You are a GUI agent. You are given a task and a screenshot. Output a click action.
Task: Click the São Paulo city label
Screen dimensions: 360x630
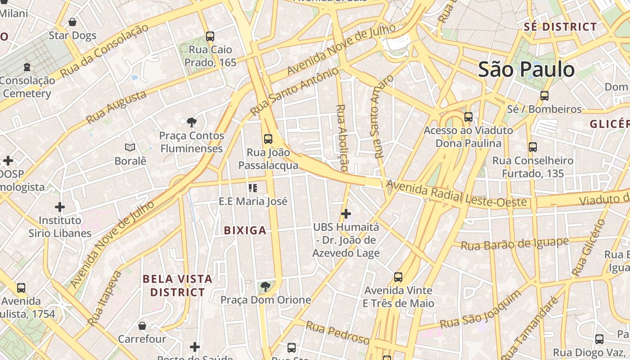pos(526,70)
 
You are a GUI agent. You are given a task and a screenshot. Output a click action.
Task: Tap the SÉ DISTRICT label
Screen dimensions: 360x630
pos(560,27)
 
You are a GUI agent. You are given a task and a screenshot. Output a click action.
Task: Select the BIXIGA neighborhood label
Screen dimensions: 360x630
pos(245,231)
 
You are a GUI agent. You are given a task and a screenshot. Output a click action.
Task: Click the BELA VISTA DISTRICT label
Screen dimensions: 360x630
pos(177,286)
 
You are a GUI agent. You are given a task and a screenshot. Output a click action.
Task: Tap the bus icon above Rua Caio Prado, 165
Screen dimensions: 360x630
pos(210,36)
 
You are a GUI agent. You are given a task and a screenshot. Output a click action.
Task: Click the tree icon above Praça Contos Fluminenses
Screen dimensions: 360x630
pos(192,122)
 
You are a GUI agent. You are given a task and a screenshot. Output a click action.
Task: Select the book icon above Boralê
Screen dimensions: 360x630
pos(130,147)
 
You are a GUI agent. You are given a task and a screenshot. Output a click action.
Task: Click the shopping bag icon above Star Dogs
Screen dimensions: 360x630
pos(72,22)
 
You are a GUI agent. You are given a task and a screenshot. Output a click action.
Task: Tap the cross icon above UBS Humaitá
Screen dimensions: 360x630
pos(346,213)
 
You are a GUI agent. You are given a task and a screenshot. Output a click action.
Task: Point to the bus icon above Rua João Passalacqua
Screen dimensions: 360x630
pos(268,139)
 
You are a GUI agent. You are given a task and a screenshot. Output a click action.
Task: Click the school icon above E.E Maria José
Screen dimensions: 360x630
pos(252,188)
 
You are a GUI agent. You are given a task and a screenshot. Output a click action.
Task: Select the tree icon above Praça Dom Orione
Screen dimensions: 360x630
pos(265,286)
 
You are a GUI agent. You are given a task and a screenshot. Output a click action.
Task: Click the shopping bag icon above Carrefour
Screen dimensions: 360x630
pos(142,325)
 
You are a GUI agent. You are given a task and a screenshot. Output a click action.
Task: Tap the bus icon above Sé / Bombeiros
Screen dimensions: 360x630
pos(544,95)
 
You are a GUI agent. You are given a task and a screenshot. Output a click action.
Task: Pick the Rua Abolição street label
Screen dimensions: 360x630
pos(342,138)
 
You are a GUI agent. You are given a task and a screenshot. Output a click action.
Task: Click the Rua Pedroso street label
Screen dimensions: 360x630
pos(337,333)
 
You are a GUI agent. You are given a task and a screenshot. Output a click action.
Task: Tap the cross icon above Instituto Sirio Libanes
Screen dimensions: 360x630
pos(60,207)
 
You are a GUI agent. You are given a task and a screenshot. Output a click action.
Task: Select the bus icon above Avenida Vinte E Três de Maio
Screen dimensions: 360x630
pos(398,277)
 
